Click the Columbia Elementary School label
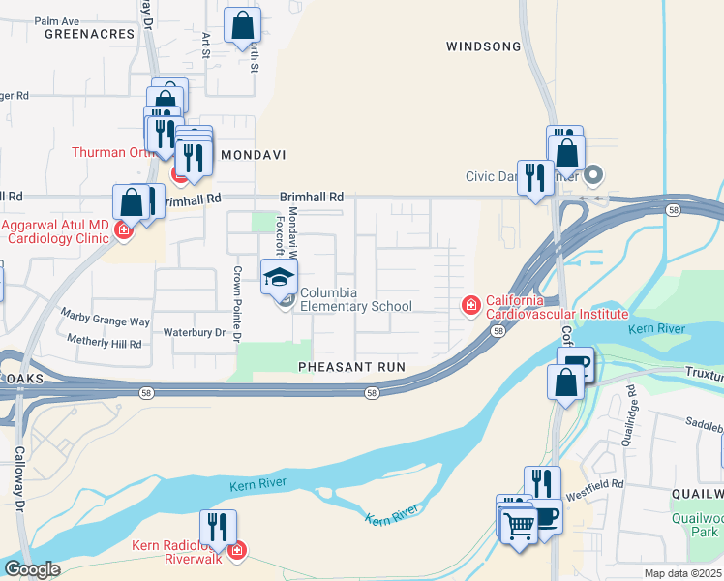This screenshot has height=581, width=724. point(355,300)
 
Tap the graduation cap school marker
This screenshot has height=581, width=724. point(280,277)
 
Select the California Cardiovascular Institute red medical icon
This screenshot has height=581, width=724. point(471,306)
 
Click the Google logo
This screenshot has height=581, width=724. point(32,569)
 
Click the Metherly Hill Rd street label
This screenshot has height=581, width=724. point(105,342)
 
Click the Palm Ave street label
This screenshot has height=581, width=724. point(57,20)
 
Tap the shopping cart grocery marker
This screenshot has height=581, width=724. point(520,526)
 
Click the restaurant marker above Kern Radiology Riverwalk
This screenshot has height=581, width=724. point(218,528)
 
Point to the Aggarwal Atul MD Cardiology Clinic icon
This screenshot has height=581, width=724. point(123,229)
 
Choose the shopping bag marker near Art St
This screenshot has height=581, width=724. point(242,25)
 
